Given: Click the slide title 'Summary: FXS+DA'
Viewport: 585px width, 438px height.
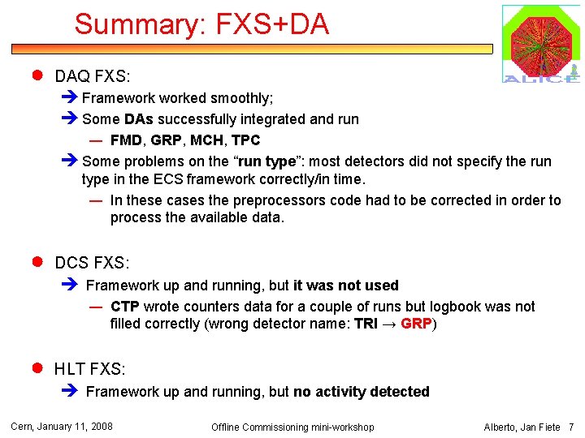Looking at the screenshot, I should (x=201, y=24).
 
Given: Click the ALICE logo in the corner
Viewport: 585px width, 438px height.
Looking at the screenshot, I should (x=540, y=44).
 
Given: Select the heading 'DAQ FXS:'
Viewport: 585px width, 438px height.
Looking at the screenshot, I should (x=92, y=77).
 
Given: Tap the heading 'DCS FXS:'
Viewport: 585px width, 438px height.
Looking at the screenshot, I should (x=92, y=263).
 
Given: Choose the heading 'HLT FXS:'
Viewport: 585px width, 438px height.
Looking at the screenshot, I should (x=90, y=369).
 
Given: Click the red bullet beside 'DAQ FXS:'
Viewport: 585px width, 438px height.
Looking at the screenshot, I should (x=37, y=76).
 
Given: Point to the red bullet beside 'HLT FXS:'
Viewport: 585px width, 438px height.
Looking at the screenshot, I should (x=37, y=368).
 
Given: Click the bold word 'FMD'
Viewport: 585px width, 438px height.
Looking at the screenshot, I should (x=125, y=140).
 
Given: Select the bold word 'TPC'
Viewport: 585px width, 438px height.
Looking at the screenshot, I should (x=245, y=140).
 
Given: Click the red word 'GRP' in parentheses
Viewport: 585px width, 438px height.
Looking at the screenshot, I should (x=416, y=324).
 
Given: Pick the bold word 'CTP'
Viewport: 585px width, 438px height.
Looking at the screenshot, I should (x=125, y=307).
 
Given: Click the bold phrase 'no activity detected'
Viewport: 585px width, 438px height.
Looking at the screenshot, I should (x=362, y=392).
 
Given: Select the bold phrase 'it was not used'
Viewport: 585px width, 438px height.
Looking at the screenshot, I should (x=346, y=286).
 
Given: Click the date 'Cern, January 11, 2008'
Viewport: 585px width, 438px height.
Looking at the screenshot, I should (x=61, y=427).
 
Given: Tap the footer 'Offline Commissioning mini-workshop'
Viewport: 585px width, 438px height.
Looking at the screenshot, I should (x=292, y=427).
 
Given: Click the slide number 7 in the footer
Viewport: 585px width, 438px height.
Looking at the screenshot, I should (x=571, y=427).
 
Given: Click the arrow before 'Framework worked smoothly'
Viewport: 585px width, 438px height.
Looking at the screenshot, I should (x=70, y=98).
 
